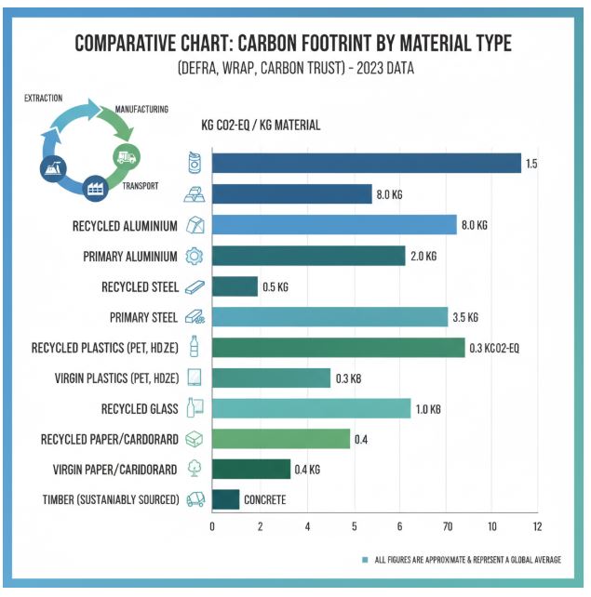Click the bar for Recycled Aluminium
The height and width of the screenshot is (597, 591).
(x=334, y=225)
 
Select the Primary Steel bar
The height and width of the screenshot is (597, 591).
(x=329, y=317)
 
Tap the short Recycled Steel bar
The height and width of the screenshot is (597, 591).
(x=235, y=286)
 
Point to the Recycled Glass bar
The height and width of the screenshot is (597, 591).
(x=311, y=408)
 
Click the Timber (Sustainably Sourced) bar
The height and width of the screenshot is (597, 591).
(x=225, y=499)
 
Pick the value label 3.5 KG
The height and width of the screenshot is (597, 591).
(x=465, y=317)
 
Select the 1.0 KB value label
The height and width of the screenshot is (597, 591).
(x=428, y=409)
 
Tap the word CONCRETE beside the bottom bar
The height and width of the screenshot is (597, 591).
(x=264, y=500)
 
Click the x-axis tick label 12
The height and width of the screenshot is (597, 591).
(x=537, y=526)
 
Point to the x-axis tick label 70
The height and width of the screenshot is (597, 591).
(x=448, y=526)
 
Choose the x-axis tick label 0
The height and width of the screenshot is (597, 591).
(x=212, y=526)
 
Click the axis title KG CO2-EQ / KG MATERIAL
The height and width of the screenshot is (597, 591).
(x=261, y=126)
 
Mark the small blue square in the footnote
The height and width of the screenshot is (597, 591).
(x=365, y=561)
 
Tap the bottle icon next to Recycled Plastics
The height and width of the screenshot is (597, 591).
(x=195, y=347)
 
